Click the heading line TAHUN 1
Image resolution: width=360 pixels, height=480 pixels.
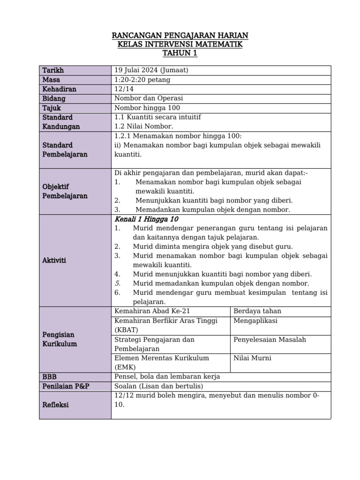pos(180,53)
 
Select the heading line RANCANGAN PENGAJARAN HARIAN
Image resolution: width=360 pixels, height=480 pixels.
pos(180,36)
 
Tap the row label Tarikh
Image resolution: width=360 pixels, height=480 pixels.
pos(53,70)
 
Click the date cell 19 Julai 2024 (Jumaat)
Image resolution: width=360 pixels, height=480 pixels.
pos(151,70)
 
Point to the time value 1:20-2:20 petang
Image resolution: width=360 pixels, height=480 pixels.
pos(142,80)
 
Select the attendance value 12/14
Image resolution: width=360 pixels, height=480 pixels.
pos(123,89)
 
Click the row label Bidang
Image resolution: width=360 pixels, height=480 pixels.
pos(54,98)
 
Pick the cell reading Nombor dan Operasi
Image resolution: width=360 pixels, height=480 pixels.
pos(149,98)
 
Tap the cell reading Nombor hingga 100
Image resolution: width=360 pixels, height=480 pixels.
pos(147,108)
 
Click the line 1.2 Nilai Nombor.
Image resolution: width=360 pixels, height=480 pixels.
pos(143,126)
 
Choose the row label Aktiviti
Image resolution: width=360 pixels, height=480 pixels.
pos(54,260)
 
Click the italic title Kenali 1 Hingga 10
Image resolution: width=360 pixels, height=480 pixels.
pos(146,219)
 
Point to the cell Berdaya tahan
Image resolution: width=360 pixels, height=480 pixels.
pos(257,311)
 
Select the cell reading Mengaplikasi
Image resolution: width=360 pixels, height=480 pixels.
pos(255,321)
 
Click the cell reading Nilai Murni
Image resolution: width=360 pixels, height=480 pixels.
pos(252,358)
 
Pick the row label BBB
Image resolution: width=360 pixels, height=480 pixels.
pos(49,376)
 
